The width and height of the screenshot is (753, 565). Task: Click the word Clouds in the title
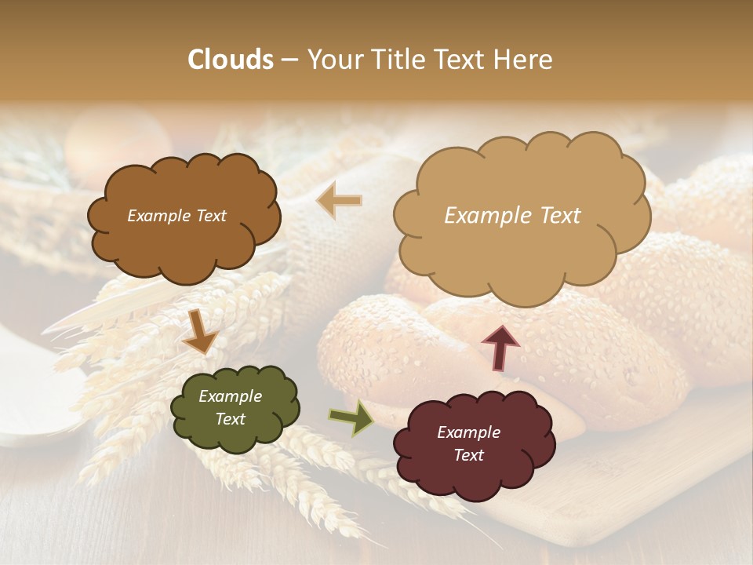[231, 60]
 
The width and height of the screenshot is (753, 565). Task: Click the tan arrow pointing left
[339, 200]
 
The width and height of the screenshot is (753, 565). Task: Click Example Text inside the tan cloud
[512, 215]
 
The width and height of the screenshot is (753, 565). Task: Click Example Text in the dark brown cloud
[176, 216]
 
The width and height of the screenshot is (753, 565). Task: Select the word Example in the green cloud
[230, 396]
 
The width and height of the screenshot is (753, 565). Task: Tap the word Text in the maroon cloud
[468, 455]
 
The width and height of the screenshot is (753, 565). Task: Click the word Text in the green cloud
[230, 419]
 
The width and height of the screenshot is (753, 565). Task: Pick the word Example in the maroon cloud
[468, 432]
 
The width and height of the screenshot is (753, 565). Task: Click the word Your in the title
[333, 60]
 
